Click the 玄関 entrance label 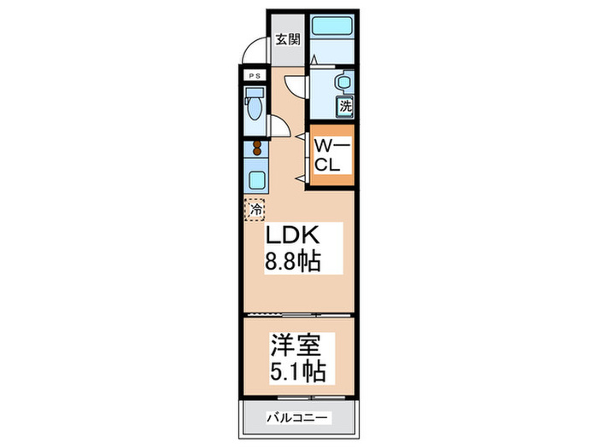click(x=287, y=38)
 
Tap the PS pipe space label click(x=253, y=76)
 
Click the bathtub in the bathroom click(x=331, y=26)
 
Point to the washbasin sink click(x=342, y=84)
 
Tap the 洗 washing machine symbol click(x=345, y=107)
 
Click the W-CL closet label click(x=330, y=156)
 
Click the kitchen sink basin click(x=255, y=180)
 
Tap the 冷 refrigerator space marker click(x=255, y=207)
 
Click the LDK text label click(x=293, y=236)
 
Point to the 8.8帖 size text click(x=293, y=261)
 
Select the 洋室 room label click(x=296, y=347)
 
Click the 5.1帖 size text click(x=296, y=373)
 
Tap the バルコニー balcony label click(x=296, y=418)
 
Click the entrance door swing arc click(x=253, y=53)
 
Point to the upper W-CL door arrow click(x=301, y=136)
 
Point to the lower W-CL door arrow click(x=301, y=177)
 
